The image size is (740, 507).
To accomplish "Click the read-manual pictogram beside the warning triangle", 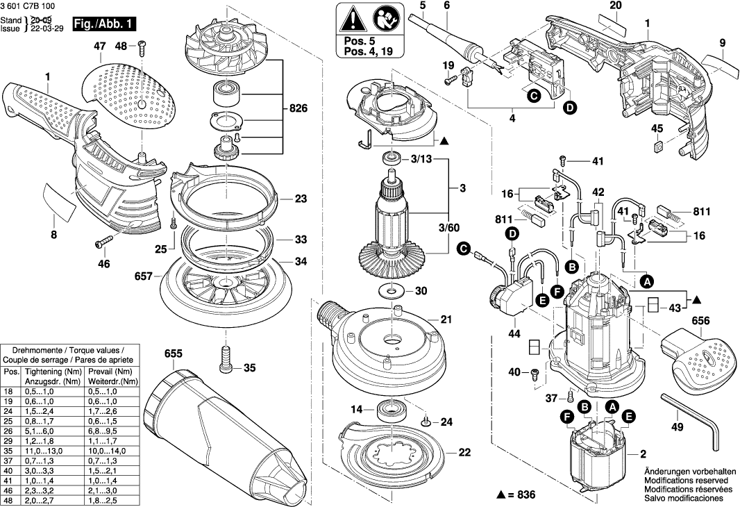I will coord(380,17).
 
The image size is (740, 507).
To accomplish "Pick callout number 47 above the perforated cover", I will coord(99,47).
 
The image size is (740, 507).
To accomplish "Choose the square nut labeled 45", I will coord(657,147).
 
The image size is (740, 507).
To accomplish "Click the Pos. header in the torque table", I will coord(12,372).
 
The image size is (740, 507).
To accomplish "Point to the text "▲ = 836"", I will coord(517,494).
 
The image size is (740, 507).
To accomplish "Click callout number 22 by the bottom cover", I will coord(464,452).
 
